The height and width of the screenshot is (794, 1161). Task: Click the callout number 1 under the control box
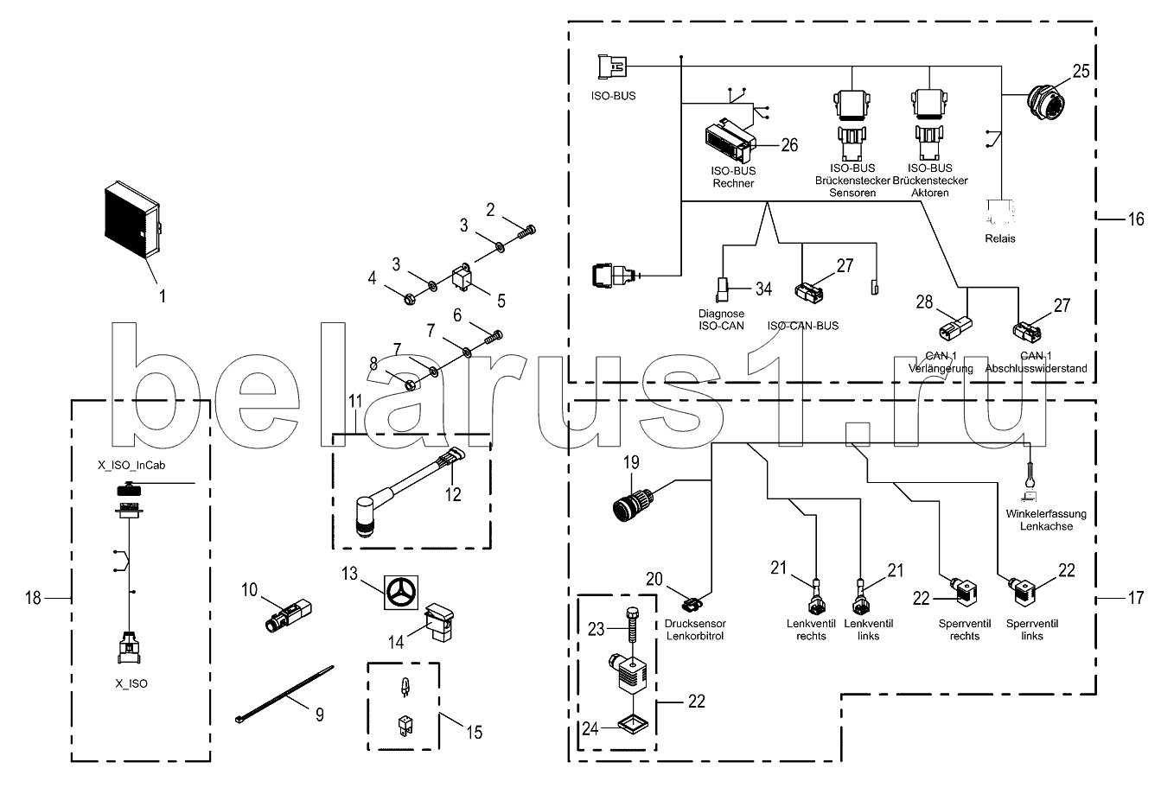coord(161,295)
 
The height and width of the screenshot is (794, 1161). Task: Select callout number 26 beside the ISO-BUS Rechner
coord(788,145)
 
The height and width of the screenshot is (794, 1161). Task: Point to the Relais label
coord(1000,238)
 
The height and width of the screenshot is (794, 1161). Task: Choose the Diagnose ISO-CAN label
coord(722,320)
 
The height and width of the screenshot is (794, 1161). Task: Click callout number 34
coord(762,288)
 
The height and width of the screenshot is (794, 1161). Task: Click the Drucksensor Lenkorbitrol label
coord(696,631)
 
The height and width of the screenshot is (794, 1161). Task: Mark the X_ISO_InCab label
coord(131,465)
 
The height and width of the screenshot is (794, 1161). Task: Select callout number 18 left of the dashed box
coord(32,597)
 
